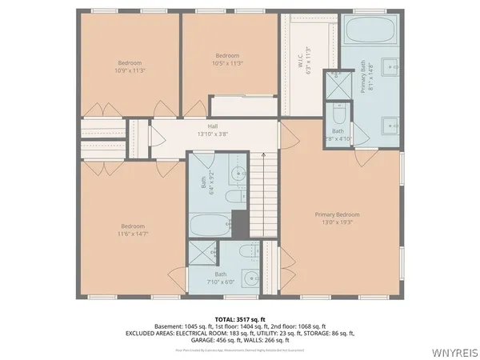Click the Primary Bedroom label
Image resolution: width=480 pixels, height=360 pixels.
pyautogui.click(x=337, y=214)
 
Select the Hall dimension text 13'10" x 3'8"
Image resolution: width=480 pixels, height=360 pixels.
pyautogui.click(x=213, y=134)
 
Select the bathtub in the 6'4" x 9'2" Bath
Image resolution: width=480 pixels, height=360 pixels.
pyautogui.click(x=210, y=223)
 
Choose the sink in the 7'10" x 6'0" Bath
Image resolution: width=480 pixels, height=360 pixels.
pyautogui.click(x=250, y=282)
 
